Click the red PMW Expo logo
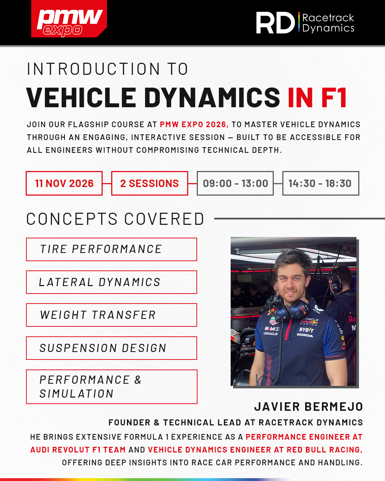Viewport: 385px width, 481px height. point(69,19)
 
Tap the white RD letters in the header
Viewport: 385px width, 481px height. point(276,23)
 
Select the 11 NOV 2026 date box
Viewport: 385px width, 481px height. point(64,183)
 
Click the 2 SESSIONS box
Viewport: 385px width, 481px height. point(149,183)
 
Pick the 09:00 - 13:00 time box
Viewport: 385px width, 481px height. point(235,183)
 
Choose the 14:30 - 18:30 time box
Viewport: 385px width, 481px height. point(320,183)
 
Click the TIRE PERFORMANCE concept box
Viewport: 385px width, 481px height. point(112,249)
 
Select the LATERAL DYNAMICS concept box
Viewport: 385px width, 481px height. point(112,282)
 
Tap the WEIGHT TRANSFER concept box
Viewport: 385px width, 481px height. point(112,315)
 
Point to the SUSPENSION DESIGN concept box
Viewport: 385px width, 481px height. point(112,348)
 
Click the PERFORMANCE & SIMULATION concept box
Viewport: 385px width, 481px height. point(112,387)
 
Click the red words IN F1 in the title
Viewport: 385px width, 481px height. point(317,98)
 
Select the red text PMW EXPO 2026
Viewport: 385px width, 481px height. point(194,124)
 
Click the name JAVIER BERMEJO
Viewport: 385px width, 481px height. point(308,407)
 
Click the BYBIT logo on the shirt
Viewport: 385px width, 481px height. point(307,330)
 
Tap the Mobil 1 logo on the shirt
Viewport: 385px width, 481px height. point(272,329)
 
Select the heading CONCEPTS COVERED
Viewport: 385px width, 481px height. point(115,219)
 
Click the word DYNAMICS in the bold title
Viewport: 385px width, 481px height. point(212,98)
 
